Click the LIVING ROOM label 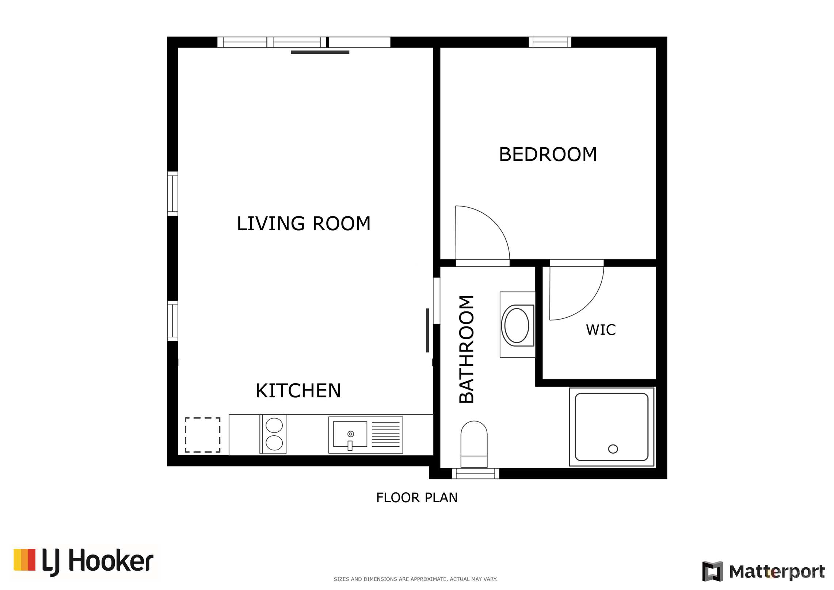pyautogui.click(x=304, y=223)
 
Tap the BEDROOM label pyautogui.click(x=548, y=154)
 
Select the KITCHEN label pyautogui.click(x=298, y=390)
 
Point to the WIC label pyautogui.click(x=601, y=329)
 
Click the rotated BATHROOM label pyautogui.click(x=466, y=349)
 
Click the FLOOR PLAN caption pyautogui.click(x=417, y=498)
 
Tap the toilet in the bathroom pyautogui.click(x=474, y=444)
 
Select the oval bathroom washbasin pyautogui.click(x=517, y=325)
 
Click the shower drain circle pyautogui.click(x=613, y=449)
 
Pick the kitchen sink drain pyautogui.click(x=351, y=434)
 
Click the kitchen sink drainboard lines pyautogui.click(x=386, y=435)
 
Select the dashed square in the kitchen pyautogui.click(x=203, y=435)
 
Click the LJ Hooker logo pyautogui.click(x=83, y=562)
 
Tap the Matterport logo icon pyautogui.click(x=712, y=571)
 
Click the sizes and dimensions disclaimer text pyautogui.click(x=415, y=579)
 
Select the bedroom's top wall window pyautogui.click(x=550, y=42)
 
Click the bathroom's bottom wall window pyautogui.click(x=475, y=473)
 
